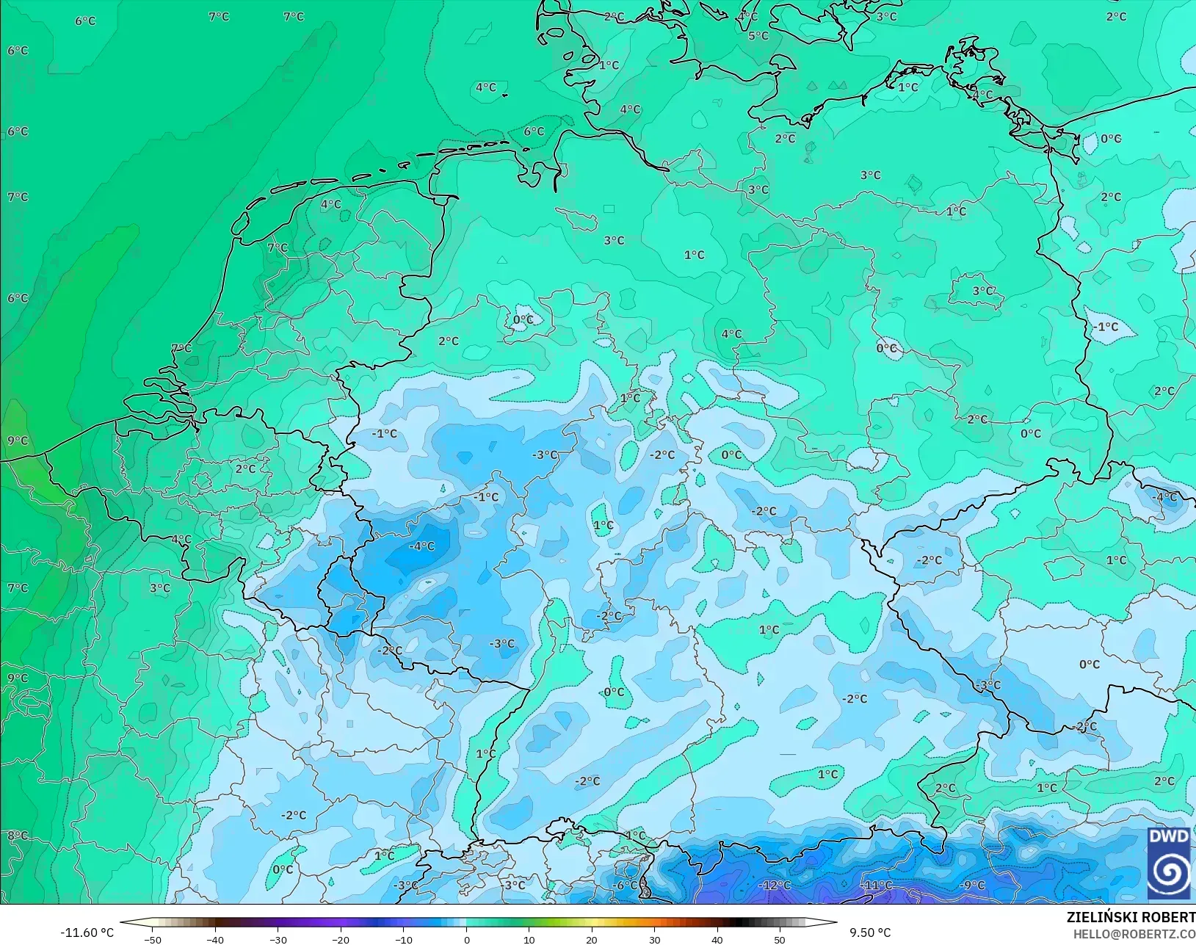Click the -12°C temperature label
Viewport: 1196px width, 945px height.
tap(775, 886)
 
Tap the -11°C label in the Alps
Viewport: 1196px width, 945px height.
tap(877, 886)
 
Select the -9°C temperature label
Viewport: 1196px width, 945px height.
tap(972, 885)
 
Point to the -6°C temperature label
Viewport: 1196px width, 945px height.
tap(626, 885)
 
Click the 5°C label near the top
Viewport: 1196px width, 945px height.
tap(758, 35)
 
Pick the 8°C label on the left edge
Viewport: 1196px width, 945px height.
tap(18, 836)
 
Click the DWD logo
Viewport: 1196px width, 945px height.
tap(1169, 863)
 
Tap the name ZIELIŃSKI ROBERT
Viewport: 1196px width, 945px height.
tap(1131, 918)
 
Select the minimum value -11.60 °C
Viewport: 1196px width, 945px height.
tap(87, 933)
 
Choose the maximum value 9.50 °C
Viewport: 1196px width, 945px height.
tap(870, 933)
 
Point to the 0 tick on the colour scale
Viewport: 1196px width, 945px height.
tap(467, 939)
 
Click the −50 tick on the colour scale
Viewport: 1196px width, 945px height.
tap(153, 939)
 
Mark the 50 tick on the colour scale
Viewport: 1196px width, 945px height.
tap(780, 939)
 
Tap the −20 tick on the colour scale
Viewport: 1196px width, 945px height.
tap(341, 939)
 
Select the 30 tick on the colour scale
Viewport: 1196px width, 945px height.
tap(655, 939)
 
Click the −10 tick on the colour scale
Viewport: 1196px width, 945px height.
tap(404, 939)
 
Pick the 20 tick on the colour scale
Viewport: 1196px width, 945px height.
tap(592, 939)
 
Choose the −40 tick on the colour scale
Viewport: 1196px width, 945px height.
tap(215, 939)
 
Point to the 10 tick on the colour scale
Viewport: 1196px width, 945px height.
tap(529, 939)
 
